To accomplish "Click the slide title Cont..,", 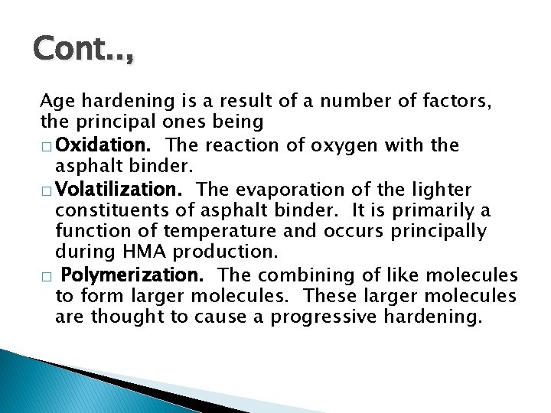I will tap(82, 50).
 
